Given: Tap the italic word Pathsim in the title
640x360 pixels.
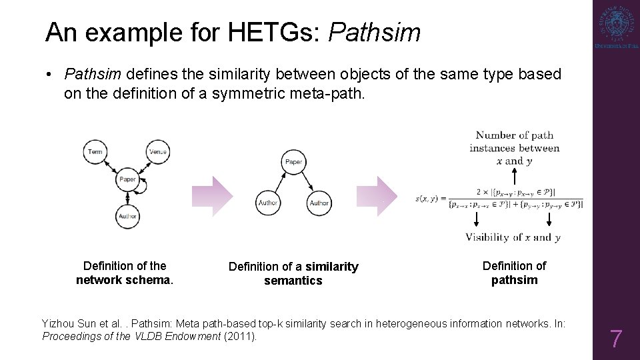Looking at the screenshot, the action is tap(375, 31).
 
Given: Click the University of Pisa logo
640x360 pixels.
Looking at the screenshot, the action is tap(616, 28).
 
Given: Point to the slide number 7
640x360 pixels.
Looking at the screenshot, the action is tap(616, 339).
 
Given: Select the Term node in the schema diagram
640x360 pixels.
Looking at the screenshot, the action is tap(95, 152).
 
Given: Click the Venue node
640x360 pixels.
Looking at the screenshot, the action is tap(158, 152).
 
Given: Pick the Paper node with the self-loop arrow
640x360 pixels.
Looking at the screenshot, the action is tap(127, 179).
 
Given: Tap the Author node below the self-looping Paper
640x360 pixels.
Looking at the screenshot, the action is tap(127, 216).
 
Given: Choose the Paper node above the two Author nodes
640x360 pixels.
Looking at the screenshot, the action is tap(293, 162).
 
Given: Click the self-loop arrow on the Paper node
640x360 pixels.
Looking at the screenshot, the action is tap(143, 189).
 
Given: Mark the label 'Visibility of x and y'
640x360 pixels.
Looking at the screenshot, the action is tap(513, 237).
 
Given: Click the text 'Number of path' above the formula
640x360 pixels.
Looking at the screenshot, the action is tap(514, 135).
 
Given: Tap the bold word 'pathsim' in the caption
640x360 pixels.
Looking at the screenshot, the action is tap(514, 280).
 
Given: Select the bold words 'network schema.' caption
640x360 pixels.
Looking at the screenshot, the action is tap(125, 280).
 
